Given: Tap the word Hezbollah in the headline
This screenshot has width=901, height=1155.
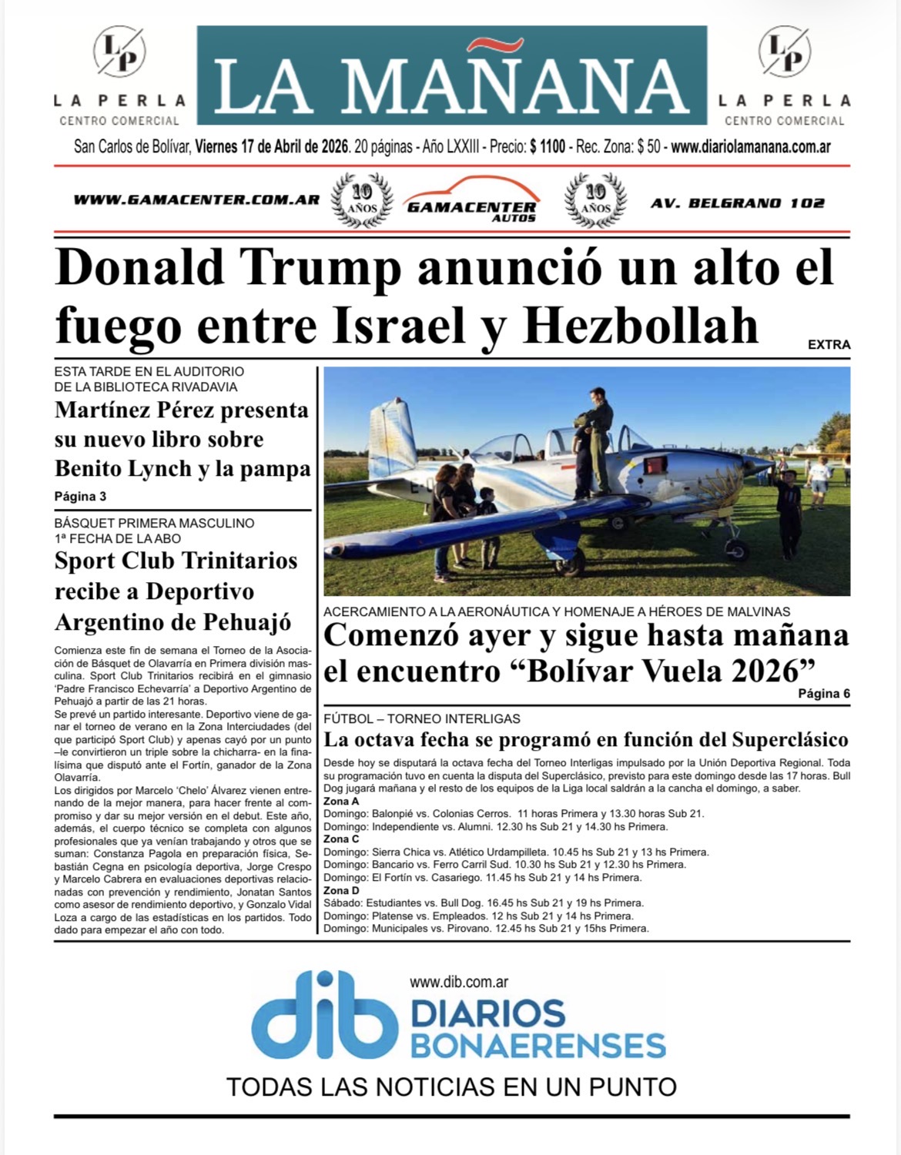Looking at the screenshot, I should click(x=641, y=326).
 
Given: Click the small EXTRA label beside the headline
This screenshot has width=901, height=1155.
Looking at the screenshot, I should click(x=829, y=345).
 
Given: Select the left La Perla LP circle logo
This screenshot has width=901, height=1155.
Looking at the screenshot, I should click(x=119, y=52).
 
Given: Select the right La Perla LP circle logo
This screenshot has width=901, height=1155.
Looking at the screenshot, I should click(x=784, y=52).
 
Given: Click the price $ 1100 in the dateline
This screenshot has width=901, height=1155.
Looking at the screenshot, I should click(x=548, y=146).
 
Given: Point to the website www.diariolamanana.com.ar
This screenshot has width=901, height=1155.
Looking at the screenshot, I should click(x=750, y=146).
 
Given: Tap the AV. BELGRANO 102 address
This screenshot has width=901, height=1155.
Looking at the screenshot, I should click(x=737, y=203).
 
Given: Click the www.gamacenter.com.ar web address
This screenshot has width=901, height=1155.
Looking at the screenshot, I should click(x=196, y=199).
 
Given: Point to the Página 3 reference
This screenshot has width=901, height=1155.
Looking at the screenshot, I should click(x=80, y=497).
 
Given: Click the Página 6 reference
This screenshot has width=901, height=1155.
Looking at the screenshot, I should click(x=824, y=694).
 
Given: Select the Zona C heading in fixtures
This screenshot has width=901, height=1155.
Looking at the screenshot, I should click(x=341, y=839).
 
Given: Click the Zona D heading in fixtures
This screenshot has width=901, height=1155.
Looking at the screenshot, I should click(x=341, y=890).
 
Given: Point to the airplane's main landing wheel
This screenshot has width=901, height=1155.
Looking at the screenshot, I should click(x=737, y=551).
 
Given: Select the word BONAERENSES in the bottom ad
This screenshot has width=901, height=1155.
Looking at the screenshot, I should click(x=538, y=1046).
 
